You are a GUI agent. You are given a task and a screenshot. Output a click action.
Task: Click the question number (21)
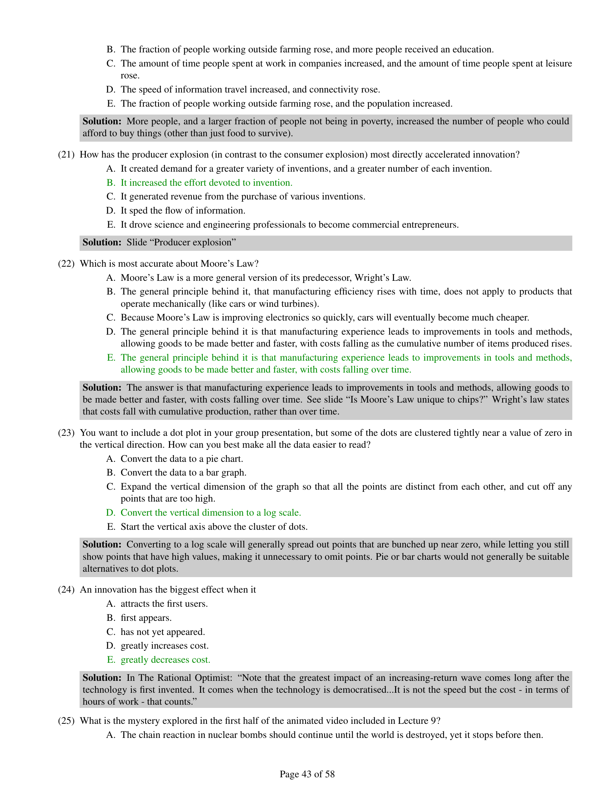(66, 155)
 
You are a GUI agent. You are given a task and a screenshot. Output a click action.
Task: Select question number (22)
(66, 263)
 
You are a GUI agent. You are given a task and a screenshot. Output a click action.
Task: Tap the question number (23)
(66, 433)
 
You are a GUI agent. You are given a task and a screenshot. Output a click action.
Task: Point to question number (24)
(66, 590)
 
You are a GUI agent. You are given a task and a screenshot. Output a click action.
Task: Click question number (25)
(66, 721)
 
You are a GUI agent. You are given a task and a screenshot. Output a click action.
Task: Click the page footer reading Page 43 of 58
(307, 774)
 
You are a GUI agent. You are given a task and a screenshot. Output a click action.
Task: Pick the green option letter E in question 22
(111, 358)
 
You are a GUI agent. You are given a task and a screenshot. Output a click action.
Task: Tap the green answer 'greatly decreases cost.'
(165, 660)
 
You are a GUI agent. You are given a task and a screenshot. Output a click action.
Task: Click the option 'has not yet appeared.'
(162, 632)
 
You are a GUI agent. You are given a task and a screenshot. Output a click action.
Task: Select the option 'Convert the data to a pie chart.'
(182, 459)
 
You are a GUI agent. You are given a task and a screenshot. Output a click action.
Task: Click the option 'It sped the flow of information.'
(183, 211)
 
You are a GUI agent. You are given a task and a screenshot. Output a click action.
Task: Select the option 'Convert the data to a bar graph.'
(183, 473)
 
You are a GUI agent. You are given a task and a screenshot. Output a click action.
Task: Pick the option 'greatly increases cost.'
(164, 646)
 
